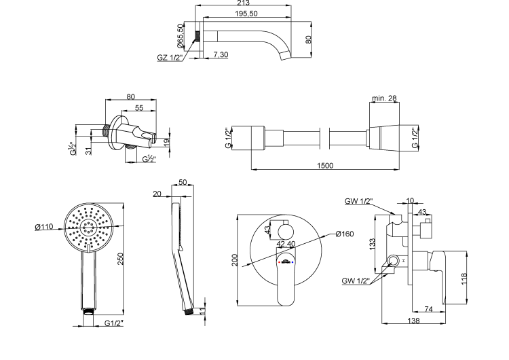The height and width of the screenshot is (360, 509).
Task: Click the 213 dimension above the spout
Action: [x=243, y=3]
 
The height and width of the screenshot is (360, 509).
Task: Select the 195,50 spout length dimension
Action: [x=246, y=14]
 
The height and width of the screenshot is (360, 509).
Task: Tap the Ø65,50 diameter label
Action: [x=180, y=35]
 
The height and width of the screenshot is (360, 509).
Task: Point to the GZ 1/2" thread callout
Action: [x=170, y=58]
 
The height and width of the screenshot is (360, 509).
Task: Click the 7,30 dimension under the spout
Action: [x=221, y=54]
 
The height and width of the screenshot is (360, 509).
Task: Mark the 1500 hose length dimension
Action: [x=325, y=165]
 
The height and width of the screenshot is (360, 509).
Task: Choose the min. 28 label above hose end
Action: [x=384, y=98]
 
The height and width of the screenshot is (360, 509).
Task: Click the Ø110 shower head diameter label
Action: [x=44, y=227]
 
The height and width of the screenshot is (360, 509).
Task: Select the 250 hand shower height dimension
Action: [x=120, y=259]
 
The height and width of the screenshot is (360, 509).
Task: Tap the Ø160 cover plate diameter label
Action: [x=344, y=234]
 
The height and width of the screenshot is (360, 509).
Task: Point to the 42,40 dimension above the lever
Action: [x=286, y=244]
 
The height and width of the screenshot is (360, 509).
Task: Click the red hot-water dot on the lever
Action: [x=279, y=262]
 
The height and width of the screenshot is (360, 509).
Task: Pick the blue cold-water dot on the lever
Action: [x=293, y=262]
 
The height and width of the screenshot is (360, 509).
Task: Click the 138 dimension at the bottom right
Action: [x=413, y=321]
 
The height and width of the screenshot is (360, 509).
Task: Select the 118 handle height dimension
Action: [x=464, y=278]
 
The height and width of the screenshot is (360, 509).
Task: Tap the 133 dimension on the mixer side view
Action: [x=372, y=244]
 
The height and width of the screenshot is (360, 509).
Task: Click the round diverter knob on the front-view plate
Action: [x=286, y=232]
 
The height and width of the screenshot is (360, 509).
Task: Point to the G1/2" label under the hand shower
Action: [x=114, y=323]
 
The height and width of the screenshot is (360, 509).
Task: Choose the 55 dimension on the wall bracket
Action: [x=139, y=107]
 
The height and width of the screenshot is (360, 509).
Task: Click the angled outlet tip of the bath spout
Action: [x=286, y=56]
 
